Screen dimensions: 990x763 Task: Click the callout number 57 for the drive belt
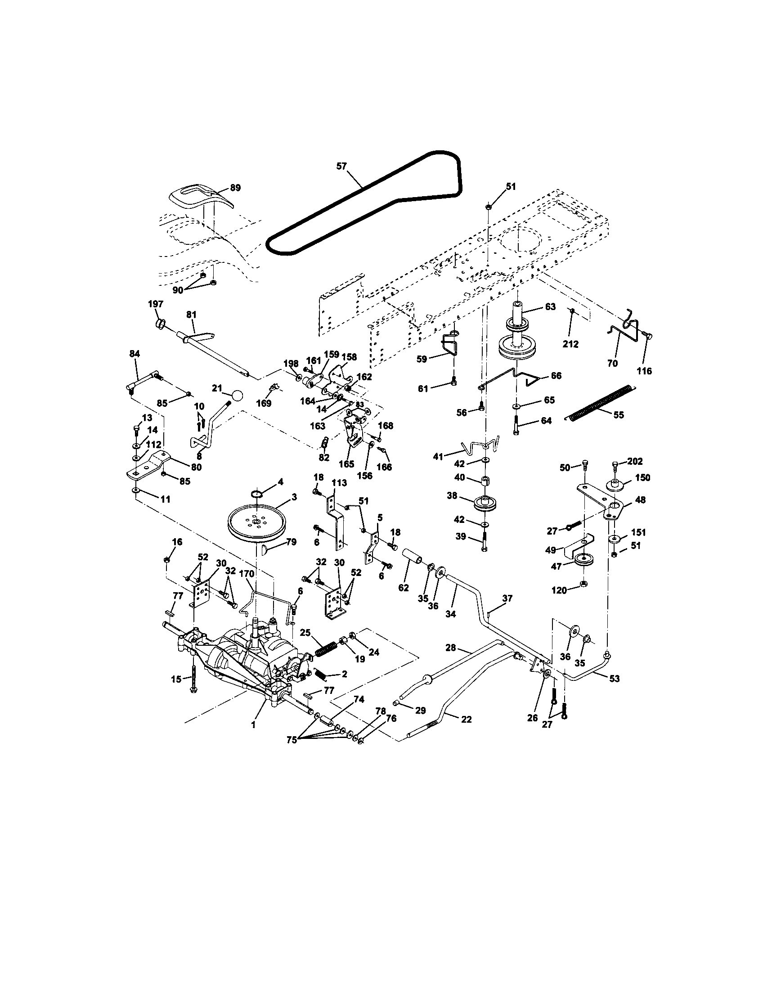341,166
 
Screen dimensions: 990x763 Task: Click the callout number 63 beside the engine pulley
550,307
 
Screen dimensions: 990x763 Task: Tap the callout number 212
570,344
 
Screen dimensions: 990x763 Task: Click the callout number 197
155,304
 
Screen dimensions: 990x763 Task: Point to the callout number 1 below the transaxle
253,725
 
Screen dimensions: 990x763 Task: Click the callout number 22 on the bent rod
466,719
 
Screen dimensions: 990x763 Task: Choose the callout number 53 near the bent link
615,679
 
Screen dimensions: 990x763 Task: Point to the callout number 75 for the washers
292,739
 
